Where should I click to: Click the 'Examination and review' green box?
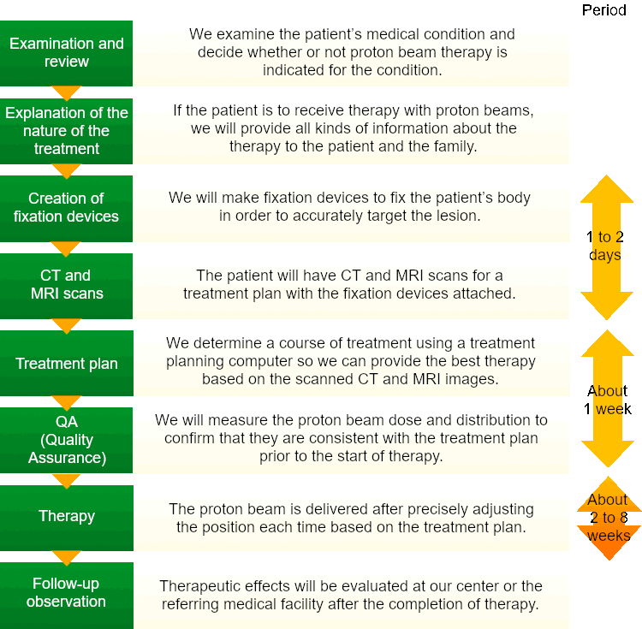(66, 53)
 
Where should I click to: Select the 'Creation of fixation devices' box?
(66, 208)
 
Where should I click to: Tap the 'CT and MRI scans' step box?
(66, 286)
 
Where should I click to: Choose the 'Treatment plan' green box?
(66, 363)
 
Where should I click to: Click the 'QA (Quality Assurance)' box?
(66, 440)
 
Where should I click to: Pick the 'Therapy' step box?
(66, 518)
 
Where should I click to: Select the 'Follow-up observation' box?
(66, 596)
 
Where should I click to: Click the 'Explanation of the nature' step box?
(66, 131)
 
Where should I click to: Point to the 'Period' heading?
(604, 9)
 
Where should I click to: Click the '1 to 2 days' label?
(604, 246)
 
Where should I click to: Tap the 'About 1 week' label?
(607, 400)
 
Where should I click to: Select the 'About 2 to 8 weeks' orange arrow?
(609, 518)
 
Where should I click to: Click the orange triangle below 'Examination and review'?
(66, 93)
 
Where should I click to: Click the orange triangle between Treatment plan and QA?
(66, 403)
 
